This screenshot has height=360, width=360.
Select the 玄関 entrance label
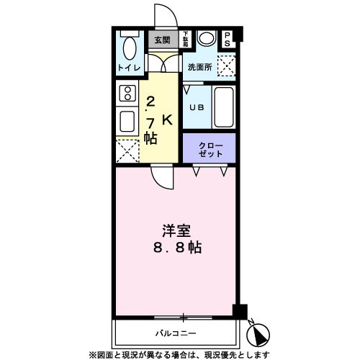point(162,40)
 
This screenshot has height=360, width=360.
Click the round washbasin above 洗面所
point(206,39)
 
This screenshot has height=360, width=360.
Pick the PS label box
point(228,40)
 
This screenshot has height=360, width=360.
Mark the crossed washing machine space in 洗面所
point(227,67)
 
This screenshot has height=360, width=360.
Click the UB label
point(195,107)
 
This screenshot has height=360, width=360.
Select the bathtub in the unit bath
point(223,107)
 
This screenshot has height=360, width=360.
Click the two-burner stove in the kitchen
point(128,93)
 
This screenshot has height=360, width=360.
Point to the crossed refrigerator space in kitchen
point(127,151)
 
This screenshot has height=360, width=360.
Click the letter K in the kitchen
point(167,120)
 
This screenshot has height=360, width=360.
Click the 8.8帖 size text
point(176,248)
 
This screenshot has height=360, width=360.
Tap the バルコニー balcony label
point(176,333)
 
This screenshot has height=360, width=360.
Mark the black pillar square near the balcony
point(240,310)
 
